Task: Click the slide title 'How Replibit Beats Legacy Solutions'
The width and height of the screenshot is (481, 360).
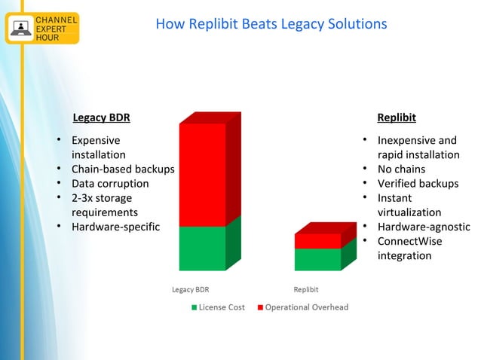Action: tap(271, 24)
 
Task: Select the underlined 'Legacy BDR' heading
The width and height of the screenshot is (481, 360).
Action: tap(101, 117)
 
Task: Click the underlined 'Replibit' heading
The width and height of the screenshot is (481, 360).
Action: tap(396, 117)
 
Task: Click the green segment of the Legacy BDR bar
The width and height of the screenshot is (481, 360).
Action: tap(202, 248)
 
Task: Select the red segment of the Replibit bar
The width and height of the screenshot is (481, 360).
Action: tap(317, 241)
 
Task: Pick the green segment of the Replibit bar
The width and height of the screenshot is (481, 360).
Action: tap(317, 259)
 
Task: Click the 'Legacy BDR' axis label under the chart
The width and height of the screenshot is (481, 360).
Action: tap(191, 289)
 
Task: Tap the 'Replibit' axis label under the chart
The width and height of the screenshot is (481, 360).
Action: tap(305, 289)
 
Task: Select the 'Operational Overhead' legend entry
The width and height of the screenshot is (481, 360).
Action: tap(306, 307)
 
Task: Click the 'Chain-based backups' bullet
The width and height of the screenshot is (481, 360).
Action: tap(122, 169)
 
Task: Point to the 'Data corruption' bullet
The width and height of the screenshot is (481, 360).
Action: tap(110, 183)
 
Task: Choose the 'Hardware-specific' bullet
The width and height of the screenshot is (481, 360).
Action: tap(115, 226)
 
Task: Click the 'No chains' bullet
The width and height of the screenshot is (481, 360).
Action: tap(401, 169)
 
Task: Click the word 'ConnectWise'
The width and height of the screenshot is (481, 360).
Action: tap(409, 241)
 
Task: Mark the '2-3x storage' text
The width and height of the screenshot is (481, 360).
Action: tap(102, 197)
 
